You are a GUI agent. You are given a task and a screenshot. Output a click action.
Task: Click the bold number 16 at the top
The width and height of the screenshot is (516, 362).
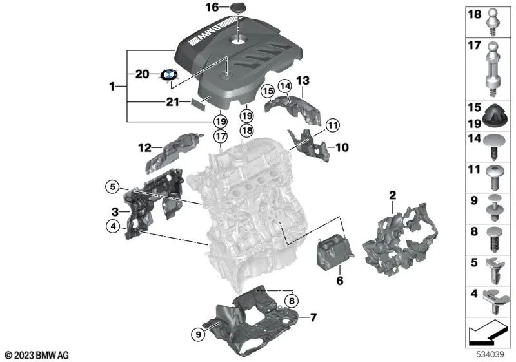tap(212, 8)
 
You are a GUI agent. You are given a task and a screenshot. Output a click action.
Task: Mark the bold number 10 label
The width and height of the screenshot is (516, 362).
tap(341, 147)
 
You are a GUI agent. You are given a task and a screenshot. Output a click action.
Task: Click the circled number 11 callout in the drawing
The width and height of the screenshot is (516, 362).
tap(332, 125)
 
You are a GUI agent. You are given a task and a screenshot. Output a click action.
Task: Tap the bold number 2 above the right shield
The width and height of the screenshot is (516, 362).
tap(392, 194)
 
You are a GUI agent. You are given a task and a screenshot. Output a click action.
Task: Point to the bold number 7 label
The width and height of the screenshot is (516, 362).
tap(313, 317)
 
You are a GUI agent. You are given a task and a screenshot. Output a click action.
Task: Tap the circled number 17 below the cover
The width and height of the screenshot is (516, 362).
tap(221, 136)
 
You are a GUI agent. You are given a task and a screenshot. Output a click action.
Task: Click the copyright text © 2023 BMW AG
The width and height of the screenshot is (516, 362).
tap(36, 355)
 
